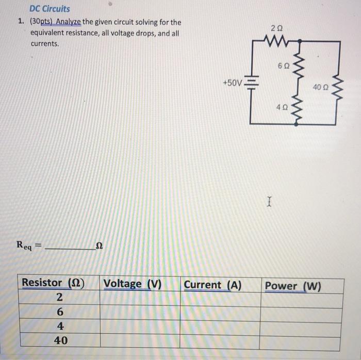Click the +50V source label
click(x=232, y=83)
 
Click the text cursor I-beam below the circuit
click(x=268, y=201)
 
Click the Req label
click(x=24, y=246)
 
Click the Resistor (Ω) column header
click(x=53, y=283)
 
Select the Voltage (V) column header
click(x=133, y=284)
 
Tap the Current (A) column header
click(x=212, y=284)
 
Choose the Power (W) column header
click(x=292, y=286)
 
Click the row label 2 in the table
click(x=59, y=298)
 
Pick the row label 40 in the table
click(x=60, y=340)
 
